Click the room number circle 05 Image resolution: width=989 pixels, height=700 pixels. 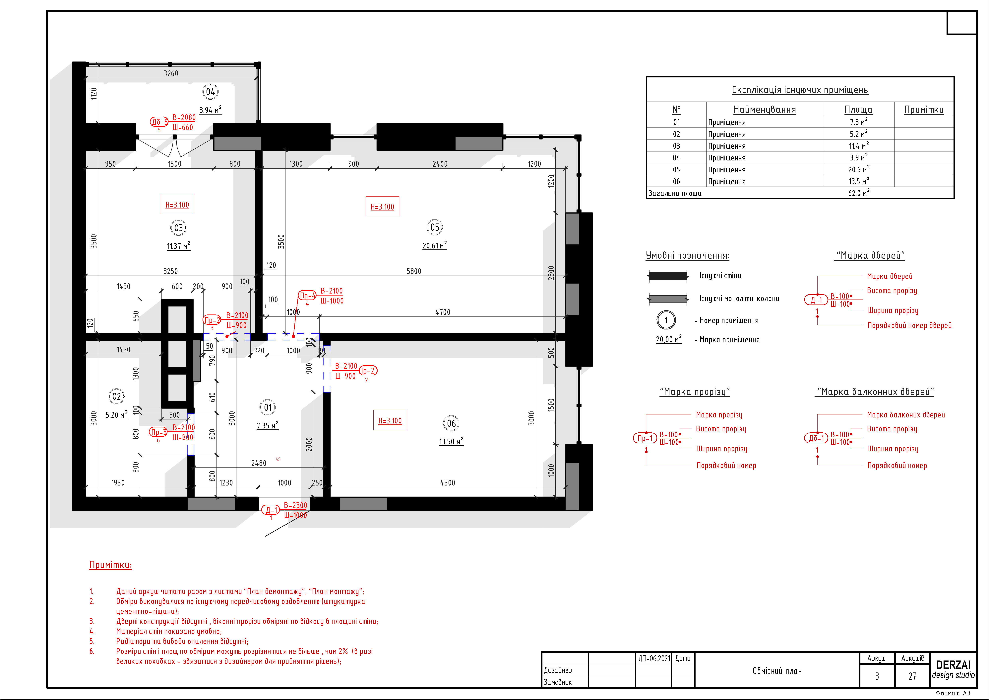(x=435, y=227)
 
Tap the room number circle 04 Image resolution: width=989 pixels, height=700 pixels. (x=210, y=92)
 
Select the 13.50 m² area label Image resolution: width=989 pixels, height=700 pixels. (x=451, y=441)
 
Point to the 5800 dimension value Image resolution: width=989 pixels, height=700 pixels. (x=413, y=271)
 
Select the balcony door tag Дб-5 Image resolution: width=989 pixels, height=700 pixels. (x=159, y=122)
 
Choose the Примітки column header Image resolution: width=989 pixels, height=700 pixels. (x=924, y=110)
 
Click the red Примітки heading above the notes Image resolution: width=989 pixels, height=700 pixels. (x=110, y=565)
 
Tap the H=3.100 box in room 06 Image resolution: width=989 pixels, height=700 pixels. (x=390, y=420)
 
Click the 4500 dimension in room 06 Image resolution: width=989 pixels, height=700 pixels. (x=448, y=483)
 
